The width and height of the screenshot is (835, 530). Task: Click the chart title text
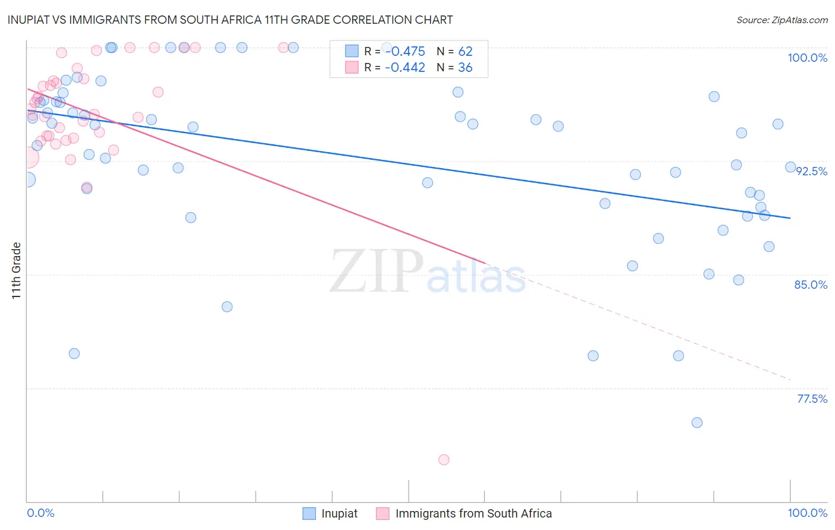pyautogui.click(x=230, y=20)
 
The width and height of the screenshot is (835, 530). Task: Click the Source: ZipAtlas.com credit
pyautogui.click(x=782, y=20)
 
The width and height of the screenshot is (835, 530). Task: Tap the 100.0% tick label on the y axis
pyautogui.click(x=807, y=58)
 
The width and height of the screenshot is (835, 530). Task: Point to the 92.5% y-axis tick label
pyautogui.click(x=811, y=171)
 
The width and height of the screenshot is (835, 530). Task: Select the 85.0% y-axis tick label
pyautogui.click(x=811, y=285)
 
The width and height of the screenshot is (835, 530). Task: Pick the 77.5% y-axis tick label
pyautogui.click(x=812, y=399)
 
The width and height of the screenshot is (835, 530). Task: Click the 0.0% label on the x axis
pyautogui.click(x=40, y=513)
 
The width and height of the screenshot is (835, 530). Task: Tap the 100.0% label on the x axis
pyautogui.click(x=807, y=513)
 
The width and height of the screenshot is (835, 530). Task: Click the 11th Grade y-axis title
pyautogui.click(x=17, y=270)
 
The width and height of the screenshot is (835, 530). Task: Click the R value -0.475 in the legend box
pyautogui.click(x=405, y=52)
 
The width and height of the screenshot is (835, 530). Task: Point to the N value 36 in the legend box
pyautogui.click(x=465, y=68)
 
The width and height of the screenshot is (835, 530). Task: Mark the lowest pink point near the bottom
pyautogui.click(x=444, y=459)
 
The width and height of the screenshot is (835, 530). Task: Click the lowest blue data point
pyautogui.click(x=697, y=422)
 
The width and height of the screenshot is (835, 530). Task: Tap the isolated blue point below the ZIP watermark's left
pyautogui.click(x=227, y=307)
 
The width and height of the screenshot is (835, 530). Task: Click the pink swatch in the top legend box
pyautogui.click(x=352, y=68)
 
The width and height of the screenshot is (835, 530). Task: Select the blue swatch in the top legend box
pyautogui.click(x=352, y=52)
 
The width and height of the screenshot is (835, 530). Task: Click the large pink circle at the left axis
pyautogui.click(x=28, y=158)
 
